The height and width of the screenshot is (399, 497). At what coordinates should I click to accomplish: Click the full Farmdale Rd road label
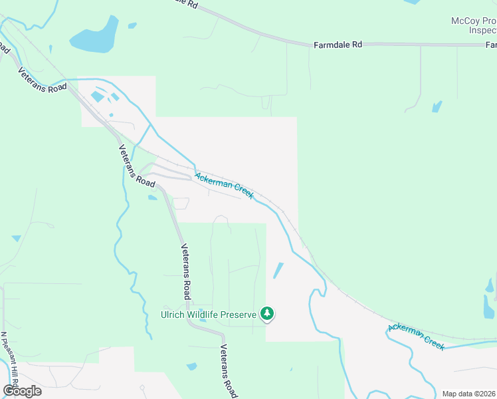(338, 45)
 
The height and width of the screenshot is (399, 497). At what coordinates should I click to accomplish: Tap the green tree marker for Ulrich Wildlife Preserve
(267, 313)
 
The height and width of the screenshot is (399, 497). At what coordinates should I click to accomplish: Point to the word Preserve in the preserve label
(239, 314)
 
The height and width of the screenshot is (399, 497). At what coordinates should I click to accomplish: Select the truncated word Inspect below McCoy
(482, 31)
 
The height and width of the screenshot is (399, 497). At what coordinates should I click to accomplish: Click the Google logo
(22, 390)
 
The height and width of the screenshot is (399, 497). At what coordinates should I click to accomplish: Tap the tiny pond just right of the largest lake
(132, 26)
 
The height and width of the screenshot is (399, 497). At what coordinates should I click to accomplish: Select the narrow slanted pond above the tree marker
(278, 271)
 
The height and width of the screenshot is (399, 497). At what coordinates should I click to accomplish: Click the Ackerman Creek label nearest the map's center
(224, 184)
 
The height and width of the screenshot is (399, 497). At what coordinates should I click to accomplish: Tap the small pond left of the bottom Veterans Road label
(192, 366)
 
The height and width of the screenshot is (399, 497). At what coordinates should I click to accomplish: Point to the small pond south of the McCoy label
(437, 106)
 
